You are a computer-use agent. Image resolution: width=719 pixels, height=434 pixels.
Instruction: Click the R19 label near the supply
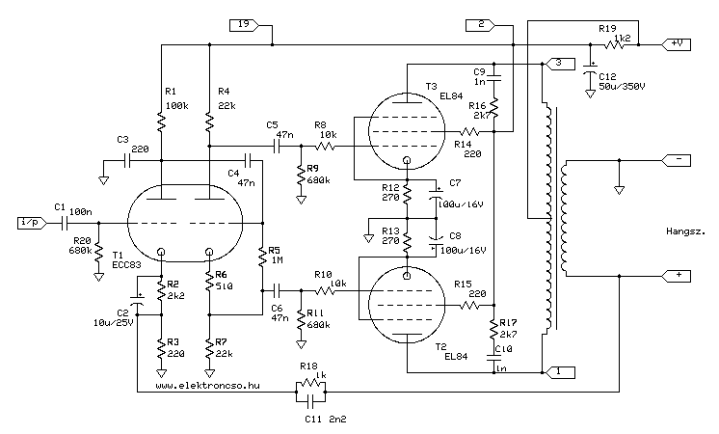(x=607, y=29)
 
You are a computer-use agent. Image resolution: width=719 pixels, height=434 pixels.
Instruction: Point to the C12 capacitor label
(x=607, y=76)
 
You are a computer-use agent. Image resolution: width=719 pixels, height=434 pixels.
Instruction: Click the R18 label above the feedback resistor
(x=307, y=366)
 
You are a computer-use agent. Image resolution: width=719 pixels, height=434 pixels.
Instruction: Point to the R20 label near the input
(x=82, y=242)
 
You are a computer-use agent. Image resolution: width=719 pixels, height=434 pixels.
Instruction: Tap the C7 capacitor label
(x=455, y=182)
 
